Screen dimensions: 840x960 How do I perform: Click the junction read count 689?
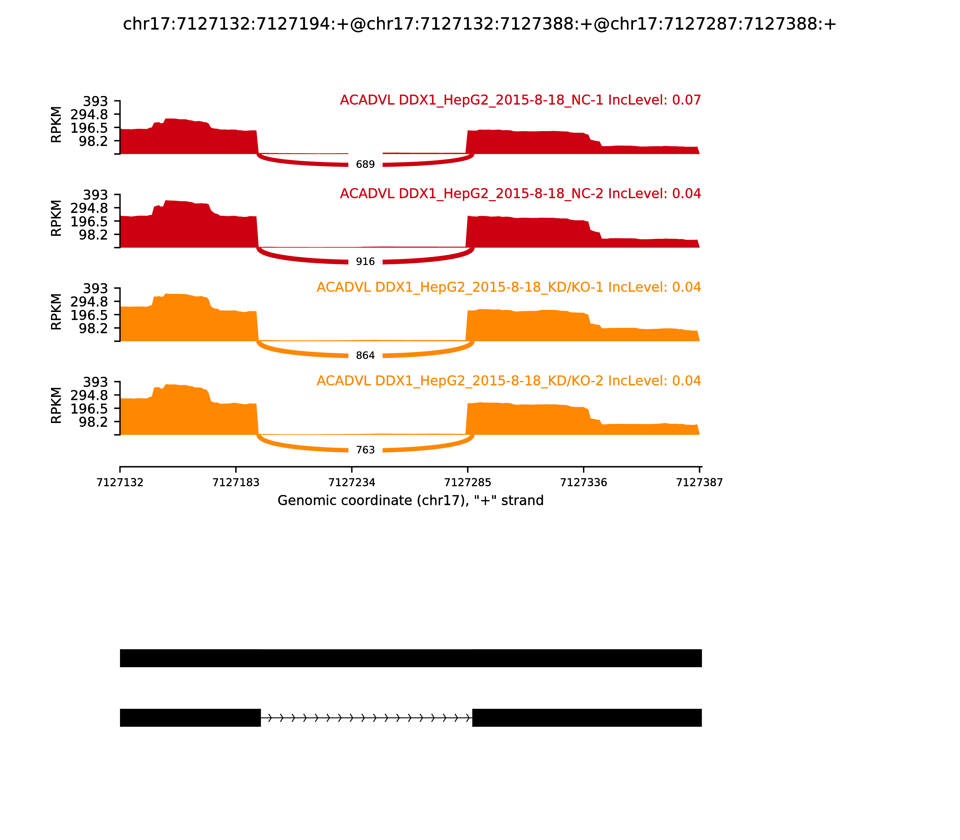pos(365,164)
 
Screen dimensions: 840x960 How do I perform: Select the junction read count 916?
pos(365,262)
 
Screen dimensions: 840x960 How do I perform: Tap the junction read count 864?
pos(365,356)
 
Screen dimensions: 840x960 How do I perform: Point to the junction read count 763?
pos(365,450)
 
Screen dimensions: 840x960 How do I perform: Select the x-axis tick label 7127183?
pos(236,483)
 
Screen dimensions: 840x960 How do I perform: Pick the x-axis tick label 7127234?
pos(352,483)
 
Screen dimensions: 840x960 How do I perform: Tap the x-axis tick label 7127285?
pos(467,483)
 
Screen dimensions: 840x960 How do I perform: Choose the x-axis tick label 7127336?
pos(583,483)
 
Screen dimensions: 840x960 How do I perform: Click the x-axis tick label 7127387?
pos(699,483)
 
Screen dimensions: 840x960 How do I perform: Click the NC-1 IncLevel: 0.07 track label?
pos(520,100)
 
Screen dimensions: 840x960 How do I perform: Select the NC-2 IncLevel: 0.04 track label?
pos(520,193)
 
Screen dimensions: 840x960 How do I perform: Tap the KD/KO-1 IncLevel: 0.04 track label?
pos(508,287)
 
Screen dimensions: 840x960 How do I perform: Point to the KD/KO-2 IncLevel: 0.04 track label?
pos(508,381)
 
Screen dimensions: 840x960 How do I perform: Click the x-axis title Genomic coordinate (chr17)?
pos(411,501)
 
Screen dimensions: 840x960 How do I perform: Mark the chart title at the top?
pos(479,24)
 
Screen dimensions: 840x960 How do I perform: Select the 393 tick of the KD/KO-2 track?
pos(95,382)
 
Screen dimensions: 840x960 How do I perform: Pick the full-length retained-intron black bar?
pos(411,658)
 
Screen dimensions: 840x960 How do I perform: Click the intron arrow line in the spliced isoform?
pos(366,718)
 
